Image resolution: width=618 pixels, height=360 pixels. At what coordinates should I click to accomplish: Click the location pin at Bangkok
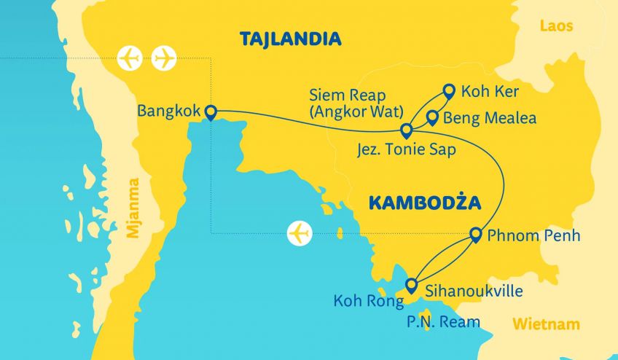[x=211, y=111]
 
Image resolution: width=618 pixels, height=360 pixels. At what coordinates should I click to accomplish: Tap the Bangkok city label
[x=170, y=112]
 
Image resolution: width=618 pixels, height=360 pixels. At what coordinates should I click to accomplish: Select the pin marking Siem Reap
[x=407, y=130]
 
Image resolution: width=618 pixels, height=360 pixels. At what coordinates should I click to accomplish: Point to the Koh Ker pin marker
[x=447, y=91]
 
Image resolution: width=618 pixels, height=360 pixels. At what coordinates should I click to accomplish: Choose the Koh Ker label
[x=483, y=93]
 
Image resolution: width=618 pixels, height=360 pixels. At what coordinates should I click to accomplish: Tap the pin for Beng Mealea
[x=431, y=117]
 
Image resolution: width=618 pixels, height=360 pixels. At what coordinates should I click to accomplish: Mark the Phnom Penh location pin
[x=475, y=234]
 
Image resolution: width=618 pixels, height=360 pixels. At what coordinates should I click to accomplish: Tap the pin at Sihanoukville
[x=412, y=284]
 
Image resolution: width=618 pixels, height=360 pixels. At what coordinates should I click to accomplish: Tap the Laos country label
[x=556, y=26]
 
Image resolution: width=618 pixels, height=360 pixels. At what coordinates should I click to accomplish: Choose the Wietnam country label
[x=546, y=324]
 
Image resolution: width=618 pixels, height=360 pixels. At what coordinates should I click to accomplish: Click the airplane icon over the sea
[x=300, y=233]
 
